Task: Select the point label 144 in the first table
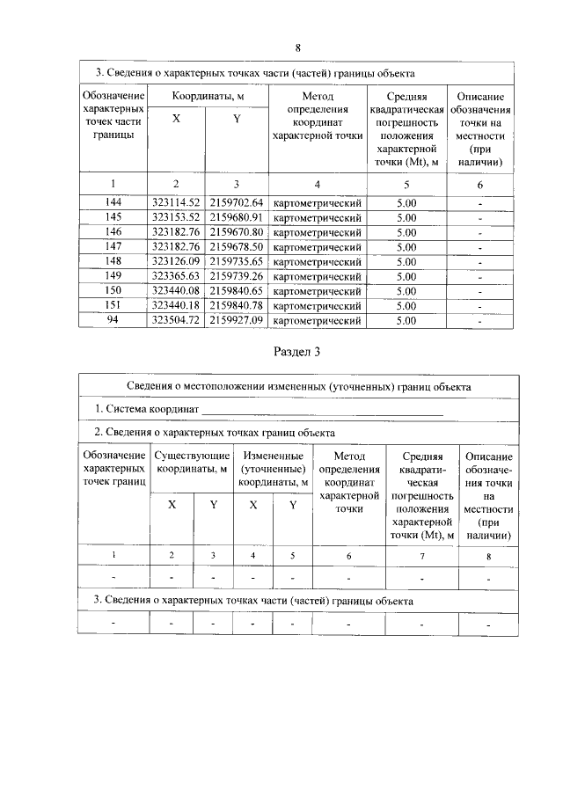click(113, 202)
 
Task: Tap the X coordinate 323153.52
click(177, 217)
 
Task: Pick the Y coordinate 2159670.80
click(236, 232)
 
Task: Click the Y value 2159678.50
click(236, 247)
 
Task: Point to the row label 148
click(113, 262)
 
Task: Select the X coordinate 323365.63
click(177, 276)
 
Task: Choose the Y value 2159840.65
click(236, 291)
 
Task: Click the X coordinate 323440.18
click(177, 306)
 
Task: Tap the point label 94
click(113, 321)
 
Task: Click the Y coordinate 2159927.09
click(236, 321)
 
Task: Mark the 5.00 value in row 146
click(406, 232)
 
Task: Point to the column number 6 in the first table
click(479, 184)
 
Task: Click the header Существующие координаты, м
click(192, 463)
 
